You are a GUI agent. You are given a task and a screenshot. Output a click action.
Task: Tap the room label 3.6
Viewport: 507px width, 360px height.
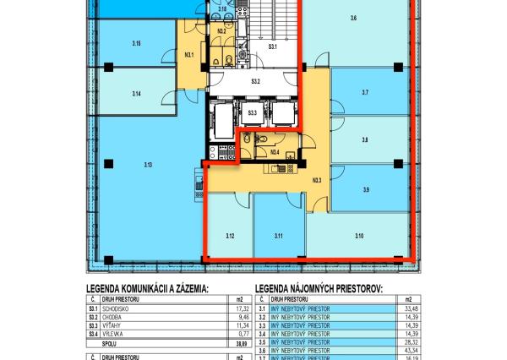(353, 18)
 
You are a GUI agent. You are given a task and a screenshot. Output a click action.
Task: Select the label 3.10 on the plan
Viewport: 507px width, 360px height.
(359, 236)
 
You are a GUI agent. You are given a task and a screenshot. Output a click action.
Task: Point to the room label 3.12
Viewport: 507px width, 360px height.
(230, 236)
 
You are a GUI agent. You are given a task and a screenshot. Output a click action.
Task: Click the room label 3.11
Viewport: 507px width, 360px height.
(278, 236)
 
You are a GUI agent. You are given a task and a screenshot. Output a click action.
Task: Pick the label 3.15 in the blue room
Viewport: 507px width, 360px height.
(136, 42)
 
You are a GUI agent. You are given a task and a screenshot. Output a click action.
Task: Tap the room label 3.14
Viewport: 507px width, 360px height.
(135, 94)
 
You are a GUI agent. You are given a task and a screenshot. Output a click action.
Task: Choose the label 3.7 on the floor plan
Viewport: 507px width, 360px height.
(364, 92)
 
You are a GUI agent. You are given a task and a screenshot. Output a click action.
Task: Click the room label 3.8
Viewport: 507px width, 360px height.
(364, 140)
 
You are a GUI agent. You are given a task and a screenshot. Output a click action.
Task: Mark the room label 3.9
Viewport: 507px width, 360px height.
(365, 189)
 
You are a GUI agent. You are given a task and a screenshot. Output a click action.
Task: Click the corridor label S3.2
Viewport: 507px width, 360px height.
(254, 82)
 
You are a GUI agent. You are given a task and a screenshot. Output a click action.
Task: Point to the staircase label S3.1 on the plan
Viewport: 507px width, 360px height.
(273, 48)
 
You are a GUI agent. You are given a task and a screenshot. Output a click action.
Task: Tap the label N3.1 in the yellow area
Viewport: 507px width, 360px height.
(189, 55)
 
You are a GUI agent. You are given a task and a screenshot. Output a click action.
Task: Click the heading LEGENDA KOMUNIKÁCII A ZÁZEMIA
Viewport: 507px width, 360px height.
(147, 288)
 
